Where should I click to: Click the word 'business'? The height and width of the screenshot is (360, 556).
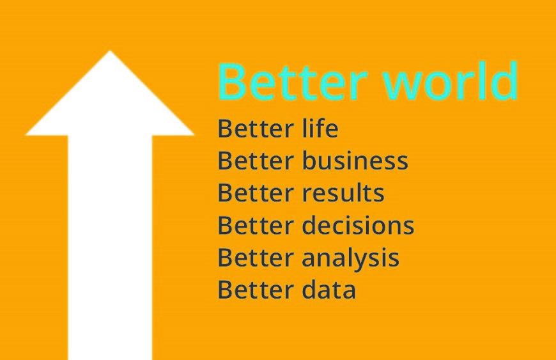[355, 160]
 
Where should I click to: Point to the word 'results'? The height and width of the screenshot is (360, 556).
[343, 192]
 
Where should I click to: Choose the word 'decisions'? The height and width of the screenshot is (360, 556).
[358, 225]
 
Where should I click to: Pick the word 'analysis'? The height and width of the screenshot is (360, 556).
[351, 258]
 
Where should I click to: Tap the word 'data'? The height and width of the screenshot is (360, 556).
[328, 290]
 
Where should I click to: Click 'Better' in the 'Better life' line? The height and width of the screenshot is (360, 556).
[256, 129]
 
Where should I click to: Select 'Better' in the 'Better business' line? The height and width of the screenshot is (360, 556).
[256, 160]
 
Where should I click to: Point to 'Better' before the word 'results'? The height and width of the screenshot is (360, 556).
[256, 193]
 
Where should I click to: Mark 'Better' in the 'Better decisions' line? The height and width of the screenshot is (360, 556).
[256, 225]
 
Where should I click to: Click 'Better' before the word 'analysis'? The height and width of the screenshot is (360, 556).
[256, 258]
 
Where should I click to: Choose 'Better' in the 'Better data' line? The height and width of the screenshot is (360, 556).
[256, 290]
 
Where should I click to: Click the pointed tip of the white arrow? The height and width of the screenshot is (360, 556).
[110, 51]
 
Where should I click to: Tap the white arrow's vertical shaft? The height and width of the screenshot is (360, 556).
[110, 247]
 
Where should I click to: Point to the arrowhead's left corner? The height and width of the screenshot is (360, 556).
[26, 135]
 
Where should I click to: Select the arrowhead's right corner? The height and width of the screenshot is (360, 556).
[194, 135]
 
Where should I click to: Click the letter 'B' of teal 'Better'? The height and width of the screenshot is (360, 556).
[231, 82]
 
